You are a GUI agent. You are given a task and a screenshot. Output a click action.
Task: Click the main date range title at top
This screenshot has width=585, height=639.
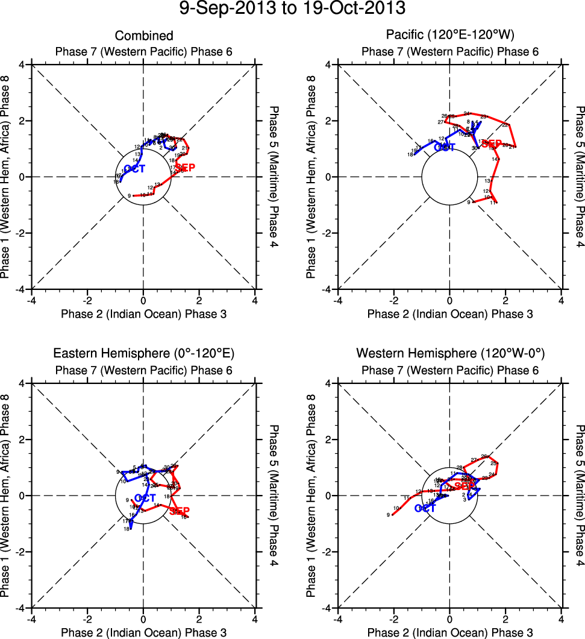(x=292, y=9)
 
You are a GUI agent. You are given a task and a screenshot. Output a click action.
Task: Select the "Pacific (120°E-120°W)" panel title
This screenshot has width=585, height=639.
(x=449, y=35)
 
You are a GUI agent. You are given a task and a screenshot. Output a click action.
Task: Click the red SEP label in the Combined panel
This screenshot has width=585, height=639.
(x=186, y=168)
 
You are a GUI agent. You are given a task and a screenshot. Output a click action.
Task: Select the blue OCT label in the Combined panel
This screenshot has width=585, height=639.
(x=135, y=169)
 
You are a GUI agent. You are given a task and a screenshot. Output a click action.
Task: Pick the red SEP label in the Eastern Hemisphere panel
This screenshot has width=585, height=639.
(x=180, y=511)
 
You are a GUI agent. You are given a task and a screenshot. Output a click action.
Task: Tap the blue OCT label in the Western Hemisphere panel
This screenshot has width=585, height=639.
(x=425, y=508)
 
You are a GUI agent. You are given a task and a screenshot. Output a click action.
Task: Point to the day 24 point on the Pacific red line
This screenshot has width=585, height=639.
(x=468, y=114)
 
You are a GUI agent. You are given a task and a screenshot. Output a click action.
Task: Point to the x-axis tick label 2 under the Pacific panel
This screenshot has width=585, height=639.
(x=505, y=300)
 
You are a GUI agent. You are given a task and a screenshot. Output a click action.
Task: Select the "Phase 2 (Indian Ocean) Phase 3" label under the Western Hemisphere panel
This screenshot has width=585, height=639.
(x=449, y=632)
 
